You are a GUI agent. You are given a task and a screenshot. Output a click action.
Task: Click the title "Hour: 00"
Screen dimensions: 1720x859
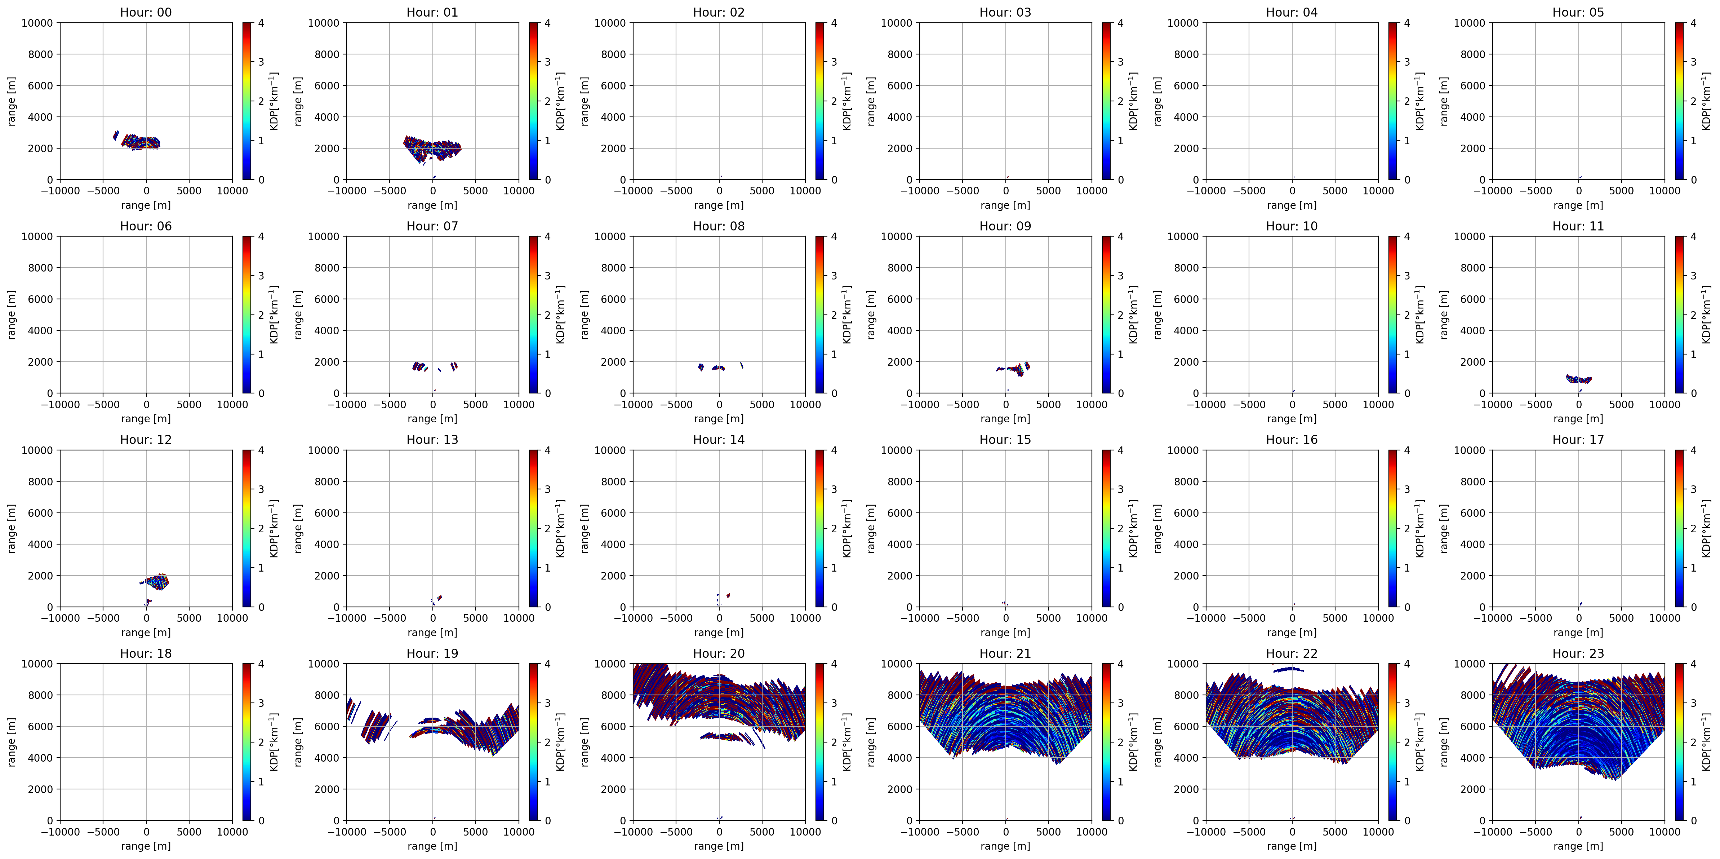pyautogui.click(x=146, y=12)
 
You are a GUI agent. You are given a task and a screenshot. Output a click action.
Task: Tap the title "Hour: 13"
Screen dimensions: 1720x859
pyautogui.click(x=432, y=440)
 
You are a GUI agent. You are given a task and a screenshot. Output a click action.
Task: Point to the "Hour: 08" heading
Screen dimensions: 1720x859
pyautogui.click(x=719, y=226)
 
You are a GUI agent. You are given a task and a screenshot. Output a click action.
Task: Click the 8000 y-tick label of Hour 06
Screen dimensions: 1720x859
pyautogui.click(x=40, y=268)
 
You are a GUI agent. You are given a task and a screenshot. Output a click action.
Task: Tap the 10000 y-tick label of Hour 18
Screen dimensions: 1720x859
pyautogui.click(x=37, y=664)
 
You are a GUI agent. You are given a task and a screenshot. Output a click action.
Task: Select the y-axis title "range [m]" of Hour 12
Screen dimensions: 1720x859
pyautogui.click(x=11, y=528)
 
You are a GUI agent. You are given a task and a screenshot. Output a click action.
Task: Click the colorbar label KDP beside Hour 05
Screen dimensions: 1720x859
pyautogui.click(x=1706, y=101)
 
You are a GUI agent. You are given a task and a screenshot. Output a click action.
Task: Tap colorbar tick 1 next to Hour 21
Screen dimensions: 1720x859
pyautogui.click(x=1120, y=781)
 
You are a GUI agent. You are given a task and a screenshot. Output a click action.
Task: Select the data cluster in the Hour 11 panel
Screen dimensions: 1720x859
pyautogui.click(x=1578, y=379)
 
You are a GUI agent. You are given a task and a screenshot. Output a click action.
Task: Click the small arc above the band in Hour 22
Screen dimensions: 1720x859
pyautogui.click(x=1292, y=669)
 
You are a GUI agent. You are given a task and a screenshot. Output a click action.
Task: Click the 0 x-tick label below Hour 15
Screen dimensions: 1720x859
pyautogui.click(x=1005, y=618)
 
